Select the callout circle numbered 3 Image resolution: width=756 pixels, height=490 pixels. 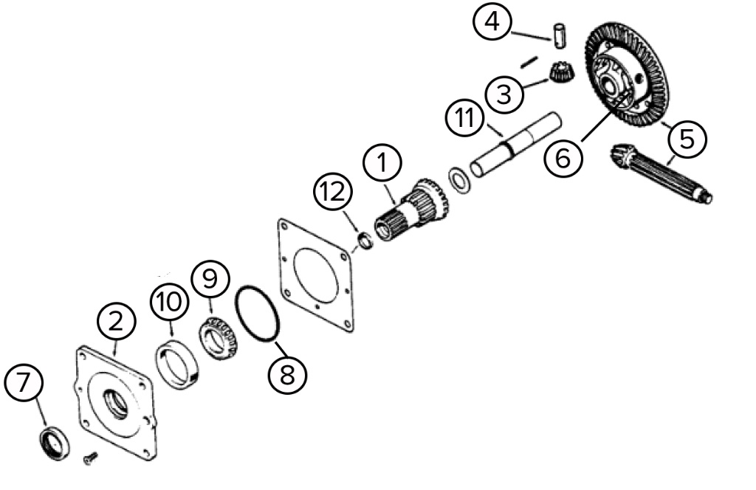(x=504, y=94)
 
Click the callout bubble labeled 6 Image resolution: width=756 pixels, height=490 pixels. (x=563, y=157)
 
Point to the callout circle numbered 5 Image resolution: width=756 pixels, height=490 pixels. (x=687, y=138)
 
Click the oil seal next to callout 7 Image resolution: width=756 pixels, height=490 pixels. (x=55, y=442)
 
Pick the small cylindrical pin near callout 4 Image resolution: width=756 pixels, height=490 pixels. (x=560, y=35)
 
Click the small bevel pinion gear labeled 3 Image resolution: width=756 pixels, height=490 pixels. (x=563, y=74)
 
